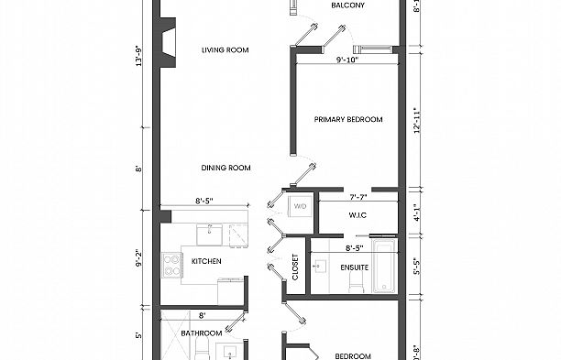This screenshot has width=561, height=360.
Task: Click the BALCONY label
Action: pos(347,6)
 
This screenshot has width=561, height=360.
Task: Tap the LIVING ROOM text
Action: pos(225,50)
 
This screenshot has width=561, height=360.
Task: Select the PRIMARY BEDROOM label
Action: pos(347,120)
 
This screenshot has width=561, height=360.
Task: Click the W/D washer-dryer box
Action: pos(301,207)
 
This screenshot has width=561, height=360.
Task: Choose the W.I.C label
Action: pos(357,216)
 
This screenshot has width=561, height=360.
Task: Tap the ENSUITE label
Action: pos(355,268)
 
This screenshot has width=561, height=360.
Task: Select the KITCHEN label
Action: pos(206,262)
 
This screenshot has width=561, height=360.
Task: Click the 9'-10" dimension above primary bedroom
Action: pos(347,60)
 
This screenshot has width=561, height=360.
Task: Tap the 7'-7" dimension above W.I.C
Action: pos(357,196)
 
